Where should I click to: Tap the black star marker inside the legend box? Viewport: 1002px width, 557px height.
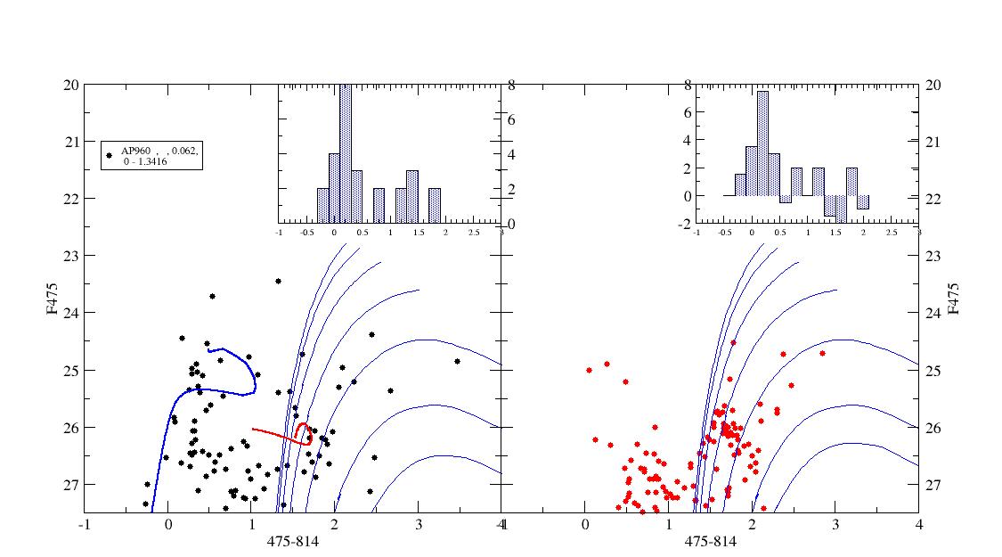click(110, 155)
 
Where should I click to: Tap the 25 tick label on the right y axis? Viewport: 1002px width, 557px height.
click(933, 370)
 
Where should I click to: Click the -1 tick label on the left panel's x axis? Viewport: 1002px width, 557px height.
click(85, 526)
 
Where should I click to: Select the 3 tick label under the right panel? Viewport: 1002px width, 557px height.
click(835, 526)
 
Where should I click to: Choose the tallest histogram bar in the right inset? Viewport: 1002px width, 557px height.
click(762, 143)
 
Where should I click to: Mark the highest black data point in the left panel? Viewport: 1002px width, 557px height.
click(278, 281)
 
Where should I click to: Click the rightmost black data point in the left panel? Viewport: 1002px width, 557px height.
click(457, 361)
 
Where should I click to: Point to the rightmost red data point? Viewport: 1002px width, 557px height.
click(822, 353)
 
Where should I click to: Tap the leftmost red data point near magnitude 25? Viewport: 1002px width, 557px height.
click(589, 370)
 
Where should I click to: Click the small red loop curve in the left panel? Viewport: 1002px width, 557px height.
click(304, 432)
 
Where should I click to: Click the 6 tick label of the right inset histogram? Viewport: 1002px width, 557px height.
click(688, 113)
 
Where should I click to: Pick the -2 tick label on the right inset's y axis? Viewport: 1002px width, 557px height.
click(686, 225)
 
